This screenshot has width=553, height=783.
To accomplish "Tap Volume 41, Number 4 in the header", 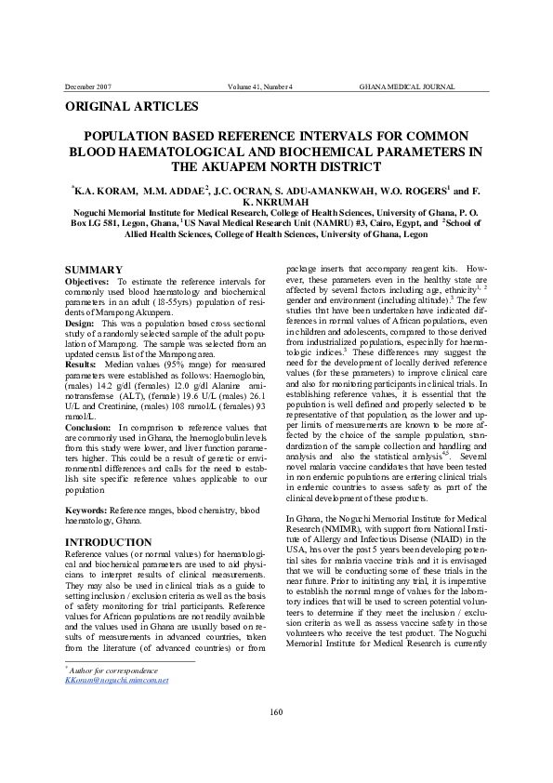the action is click(260, 86).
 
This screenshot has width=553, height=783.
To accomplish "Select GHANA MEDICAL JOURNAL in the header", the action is click(406, 86).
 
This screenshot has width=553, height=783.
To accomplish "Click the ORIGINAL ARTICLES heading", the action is click(131, 107).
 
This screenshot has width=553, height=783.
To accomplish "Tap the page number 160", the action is click(276, 711).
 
